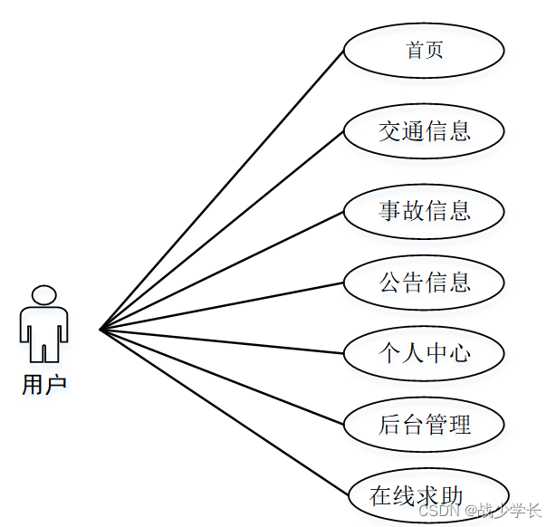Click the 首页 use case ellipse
[423, 50]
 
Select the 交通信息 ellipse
[423, 131]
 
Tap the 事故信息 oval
[423, 211]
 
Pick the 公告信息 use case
[423, 282]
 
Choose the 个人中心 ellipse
[423, 352]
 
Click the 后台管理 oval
[423, 423]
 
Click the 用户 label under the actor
[43, 384]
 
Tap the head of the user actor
[43, 295]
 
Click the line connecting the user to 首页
[222, 189]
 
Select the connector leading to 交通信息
[222, 230]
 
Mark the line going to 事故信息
[222, 270]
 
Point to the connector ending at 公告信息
[222, 305]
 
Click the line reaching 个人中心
[222, 340]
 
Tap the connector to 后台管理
[222, 376]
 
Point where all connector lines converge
[101, 329]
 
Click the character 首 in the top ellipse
[415, 50]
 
